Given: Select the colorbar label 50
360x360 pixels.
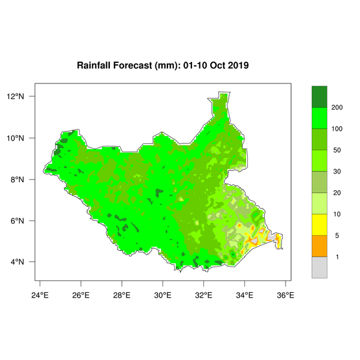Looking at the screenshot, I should click(x=337, y=150).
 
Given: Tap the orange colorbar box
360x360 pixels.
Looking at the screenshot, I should click(x=319, y=246).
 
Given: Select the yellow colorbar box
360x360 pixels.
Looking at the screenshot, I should click(x=319, y=224).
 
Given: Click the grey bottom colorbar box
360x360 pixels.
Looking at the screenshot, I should click(x=319, y=268).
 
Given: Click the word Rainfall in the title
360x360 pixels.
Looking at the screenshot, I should click(x=96, y=64).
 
